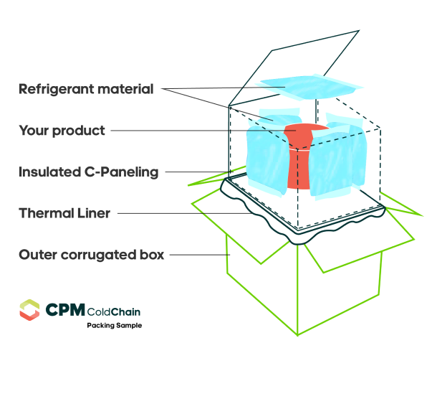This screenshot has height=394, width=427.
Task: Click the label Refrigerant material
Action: pos(86,90)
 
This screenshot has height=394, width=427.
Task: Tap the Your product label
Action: pos(62,131)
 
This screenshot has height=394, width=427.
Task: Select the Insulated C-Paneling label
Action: pos(89,172)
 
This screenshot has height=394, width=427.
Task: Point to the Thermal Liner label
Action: pos(64,213)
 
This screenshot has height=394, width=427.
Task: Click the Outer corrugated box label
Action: pos(92,255)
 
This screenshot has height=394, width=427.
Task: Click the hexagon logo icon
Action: pos(29,310)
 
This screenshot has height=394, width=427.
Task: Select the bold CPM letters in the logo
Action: pos(65,310)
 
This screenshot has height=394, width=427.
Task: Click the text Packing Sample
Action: pos(115,326)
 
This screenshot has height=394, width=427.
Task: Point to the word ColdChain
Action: pos(114,311)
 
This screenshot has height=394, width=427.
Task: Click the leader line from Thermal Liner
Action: pos(185,213)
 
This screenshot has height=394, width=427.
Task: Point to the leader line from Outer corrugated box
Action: pos(200,255)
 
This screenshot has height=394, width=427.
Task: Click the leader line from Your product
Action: pos(203,131)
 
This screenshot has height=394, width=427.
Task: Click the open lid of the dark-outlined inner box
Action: pos(294,68)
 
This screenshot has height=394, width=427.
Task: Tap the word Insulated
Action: pos(50,172)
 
